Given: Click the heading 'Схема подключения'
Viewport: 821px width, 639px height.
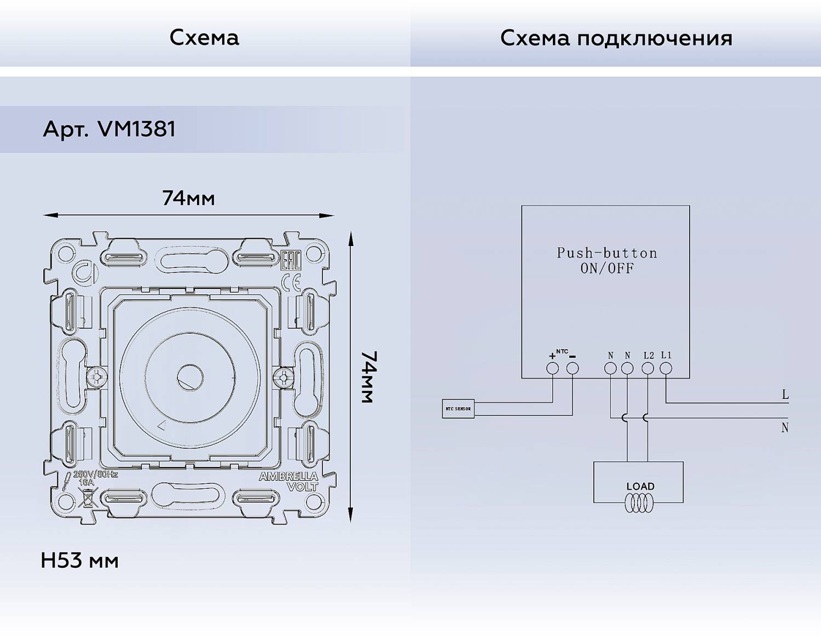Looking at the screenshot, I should coord(616,38).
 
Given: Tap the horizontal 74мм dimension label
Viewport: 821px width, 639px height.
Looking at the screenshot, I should coord(188,198).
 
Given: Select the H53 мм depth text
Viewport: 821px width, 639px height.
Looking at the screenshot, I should coord(80,561).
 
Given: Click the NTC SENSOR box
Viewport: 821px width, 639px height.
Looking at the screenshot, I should coord(458,409).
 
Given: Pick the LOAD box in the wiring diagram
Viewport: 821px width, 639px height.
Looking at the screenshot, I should coord(638,482).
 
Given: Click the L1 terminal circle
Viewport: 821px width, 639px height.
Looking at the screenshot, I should coord(666,368).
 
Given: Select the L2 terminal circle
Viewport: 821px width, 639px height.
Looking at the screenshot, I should coord(647,368).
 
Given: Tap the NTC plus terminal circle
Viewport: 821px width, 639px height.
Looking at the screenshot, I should coord(553,368).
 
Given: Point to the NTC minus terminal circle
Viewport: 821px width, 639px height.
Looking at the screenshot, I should coord(573,368).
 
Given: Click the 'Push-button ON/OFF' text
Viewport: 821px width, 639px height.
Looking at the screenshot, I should coord(606,260).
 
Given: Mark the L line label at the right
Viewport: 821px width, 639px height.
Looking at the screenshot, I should coord(785,395).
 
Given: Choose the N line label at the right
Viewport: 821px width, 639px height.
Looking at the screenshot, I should coord(785,427).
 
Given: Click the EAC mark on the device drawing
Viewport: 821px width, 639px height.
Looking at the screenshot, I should coord(291,261).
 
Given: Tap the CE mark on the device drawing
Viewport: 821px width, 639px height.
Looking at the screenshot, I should coord(291,282).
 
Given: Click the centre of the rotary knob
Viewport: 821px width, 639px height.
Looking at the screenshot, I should coord(190,377).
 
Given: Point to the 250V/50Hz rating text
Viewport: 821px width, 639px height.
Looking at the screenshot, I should coord(95,474).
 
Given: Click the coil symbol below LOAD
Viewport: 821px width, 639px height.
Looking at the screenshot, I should coord(639,504).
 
